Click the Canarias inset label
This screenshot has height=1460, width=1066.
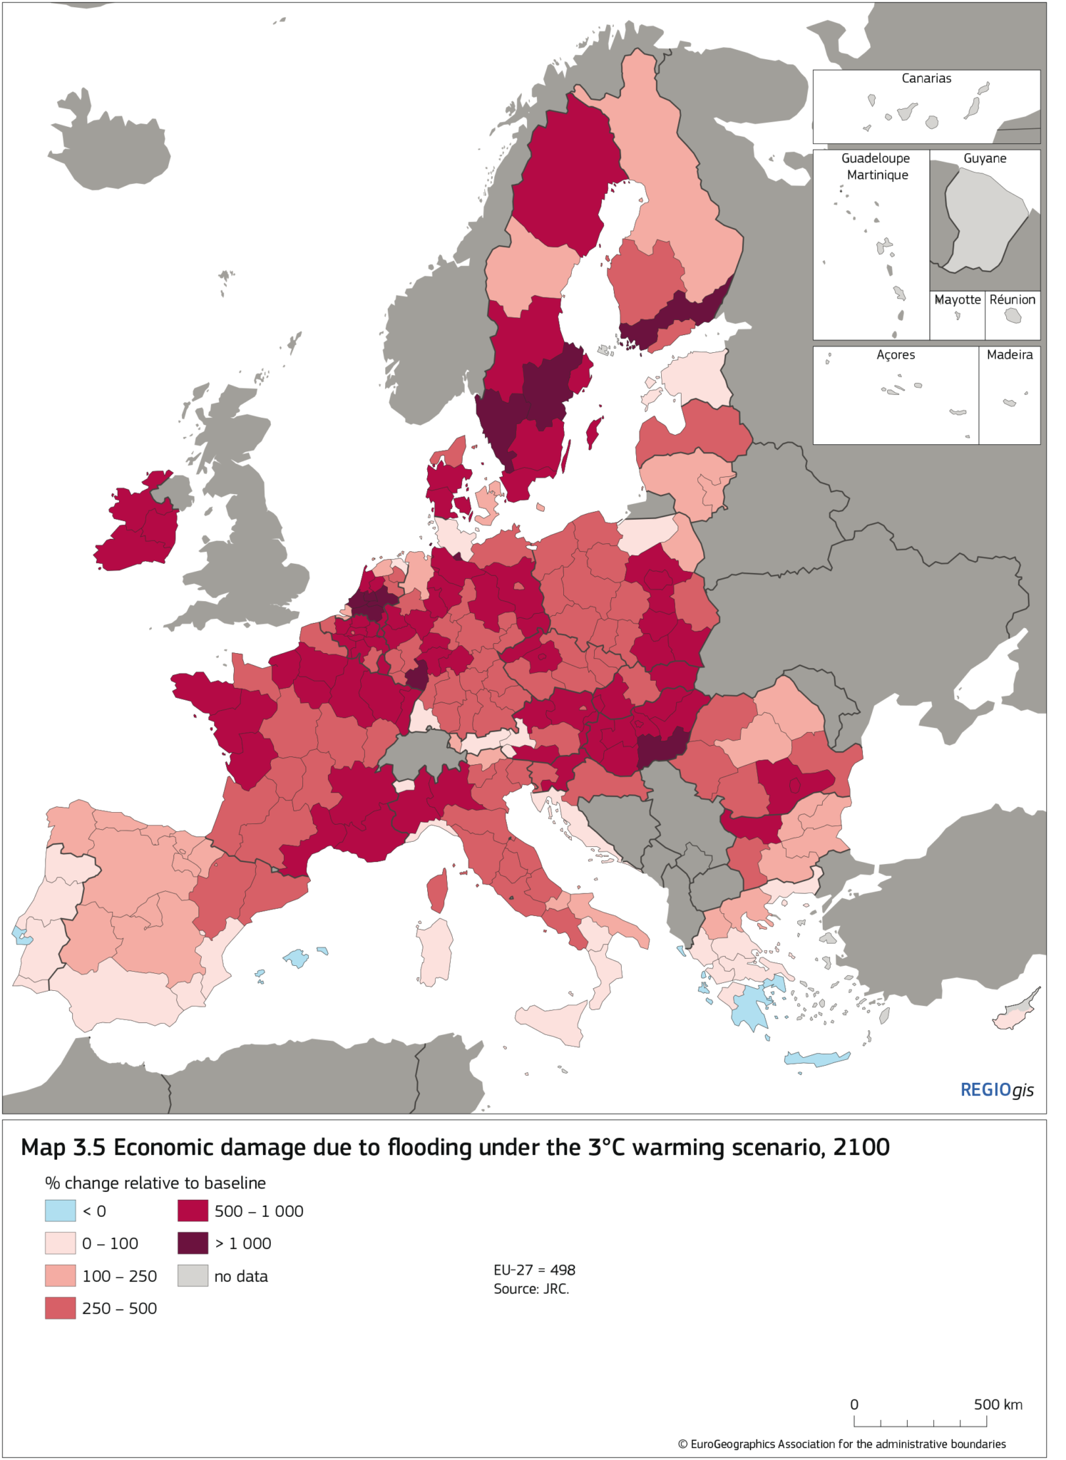pyautogui.click(x=926, y=78)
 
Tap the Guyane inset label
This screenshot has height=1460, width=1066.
pyautogui.click(x=985, y=158)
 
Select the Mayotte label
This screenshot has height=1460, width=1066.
pyautogui.click(x=957, y=299)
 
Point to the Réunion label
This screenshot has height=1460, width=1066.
pyautogui.click(x=1012, y=299)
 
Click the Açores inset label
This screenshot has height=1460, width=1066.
pyautogui.click(x=896, y=354)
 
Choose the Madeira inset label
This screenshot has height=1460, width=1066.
pyautogui.click(x=1009, y=354)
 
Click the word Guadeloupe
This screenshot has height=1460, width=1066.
pyautogui.click(x=876, y=158)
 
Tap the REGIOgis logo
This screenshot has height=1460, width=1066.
pyautogui.click(x=996, y=1089)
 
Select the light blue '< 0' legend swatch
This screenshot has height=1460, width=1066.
pyautogui.click(x=60, y=1210)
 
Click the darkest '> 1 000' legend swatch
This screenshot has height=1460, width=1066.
pyautogui.click(x=193, y=1243)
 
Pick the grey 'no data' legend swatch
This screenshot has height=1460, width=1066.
pyautogui.click(x=193, y=1276)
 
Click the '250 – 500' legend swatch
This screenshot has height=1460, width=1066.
pyautogui.click(x=60, y=1308)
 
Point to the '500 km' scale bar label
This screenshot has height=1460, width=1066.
pyautogui.click(x=998, y=1404)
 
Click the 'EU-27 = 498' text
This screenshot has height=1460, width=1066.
pyautogui.click(x=534, y=1270)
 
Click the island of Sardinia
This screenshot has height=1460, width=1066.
pyautogui.click(x=435, y=952)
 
